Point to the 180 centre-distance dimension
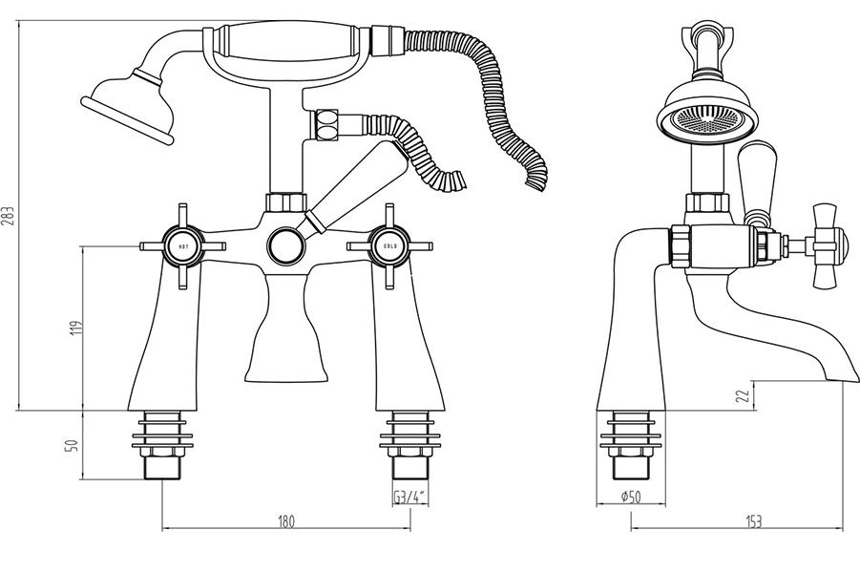286,520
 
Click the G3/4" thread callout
409,498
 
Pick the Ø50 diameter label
631,497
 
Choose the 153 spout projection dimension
754,521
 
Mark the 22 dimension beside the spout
742,396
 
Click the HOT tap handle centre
183,246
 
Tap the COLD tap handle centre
390,246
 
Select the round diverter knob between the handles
285,245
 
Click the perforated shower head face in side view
707,119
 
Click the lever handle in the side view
757,181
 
